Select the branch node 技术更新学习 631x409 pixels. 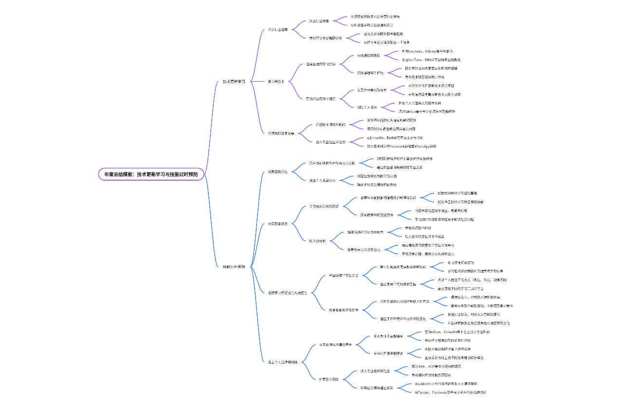point(234,81)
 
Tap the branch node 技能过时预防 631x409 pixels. point(234,266)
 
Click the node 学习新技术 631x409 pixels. point(276,81)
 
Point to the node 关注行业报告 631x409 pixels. point(319,21)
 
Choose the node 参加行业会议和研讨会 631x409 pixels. point(326,38)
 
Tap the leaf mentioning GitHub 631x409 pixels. point(426,112)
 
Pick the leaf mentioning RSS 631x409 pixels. point(391,129)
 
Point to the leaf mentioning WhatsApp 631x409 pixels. point(401,146)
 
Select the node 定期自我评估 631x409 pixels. point(278,171)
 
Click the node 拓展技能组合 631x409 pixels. point(278,223)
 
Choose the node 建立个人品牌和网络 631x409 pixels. point(286,362)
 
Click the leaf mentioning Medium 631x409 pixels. point(457,332)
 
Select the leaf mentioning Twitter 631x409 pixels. point(450,392)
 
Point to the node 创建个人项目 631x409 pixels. point(368,107)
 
